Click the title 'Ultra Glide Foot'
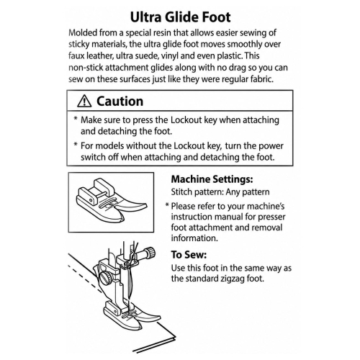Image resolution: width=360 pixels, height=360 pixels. pyautogui.click(x=180, y=17)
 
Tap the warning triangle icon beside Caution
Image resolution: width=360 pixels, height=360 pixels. pyautogui.click(x=84, y=101)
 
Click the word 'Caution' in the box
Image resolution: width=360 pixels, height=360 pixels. pyautogui.click(x=120, y=102)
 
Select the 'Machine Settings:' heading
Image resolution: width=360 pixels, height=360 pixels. pyautogui.click(x=212, y=179)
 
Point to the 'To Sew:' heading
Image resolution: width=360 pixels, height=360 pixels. pyautogui.click(x=189, y=255)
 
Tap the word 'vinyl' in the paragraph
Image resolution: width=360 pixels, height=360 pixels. pyautogui.click(x=170, y=56)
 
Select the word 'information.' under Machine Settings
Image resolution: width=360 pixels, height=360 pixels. pyautogui.click(x=194, y=238)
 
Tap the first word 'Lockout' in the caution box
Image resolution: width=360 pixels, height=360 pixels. pyautogui.click(x=186, y=120)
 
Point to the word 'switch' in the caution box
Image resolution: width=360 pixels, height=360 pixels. pyautogui.click(x=93, y=157)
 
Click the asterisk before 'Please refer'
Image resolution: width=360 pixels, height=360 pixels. pyautogui.click(x=168, y=205)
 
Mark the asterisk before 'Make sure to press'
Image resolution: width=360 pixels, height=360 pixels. pyautogui.click(x=76, y=119)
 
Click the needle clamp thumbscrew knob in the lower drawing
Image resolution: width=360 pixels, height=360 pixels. pyautogui.click(x=150, y=253)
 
